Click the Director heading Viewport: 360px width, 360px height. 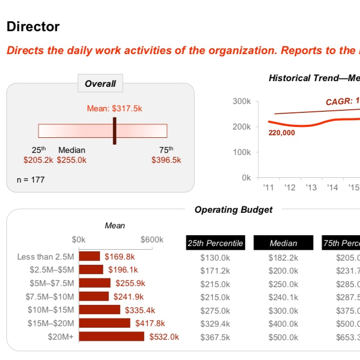tap(33, 27)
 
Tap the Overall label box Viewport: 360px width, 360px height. tap(100, 83)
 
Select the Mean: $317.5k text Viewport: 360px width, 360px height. tap(114, 108)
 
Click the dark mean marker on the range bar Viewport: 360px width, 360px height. tap(114, 131)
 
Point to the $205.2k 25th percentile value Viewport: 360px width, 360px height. tap(38, 160)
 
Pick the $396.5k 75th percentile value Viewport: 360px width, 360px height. tap(166, 160)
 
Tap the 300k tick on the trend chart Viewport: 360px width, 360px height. tap(242, 101)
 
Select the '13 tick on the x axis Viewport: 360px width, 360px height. tap(311, 187)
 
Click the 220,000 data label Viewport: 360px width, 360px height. tap(282, 133)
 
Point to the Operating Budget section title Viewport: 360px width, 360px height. tap(234, 210)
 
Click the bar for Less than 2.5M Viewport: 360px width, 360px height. tap(89, 256)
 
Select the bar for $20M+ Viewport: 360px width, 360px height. tap(111, 337)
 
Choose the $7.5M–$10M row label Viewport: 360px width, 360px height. tap(50, 297)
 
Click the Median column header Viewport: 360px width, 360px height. tap(284, 243)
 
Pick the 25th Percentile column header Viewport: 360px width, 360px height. tap(215, 243)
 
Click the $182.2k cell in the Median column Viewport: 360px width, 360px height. tap(284, 257)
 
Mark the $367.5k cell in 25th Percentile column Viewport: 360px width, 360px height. tap(215, 337)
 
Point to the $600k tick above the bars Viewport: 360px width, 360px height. tap(152, 240)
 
